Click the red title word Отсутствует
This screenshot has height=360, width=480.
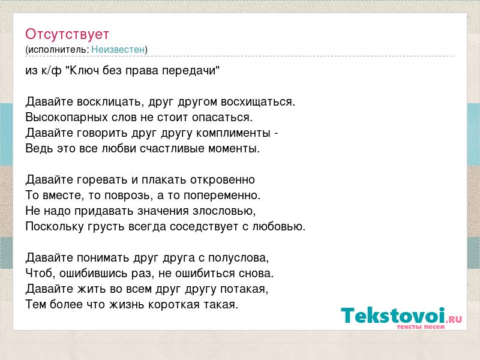click(x=67, y=34)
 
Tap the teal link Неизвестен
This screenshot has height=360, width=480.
click(x=118, y=49)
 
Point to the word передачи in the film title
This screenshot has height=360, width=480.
click(x=189, y=71)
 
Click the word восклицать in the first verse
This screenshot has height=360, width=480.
click(x=110, y=102)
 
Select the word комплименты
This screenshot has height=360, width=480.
click(x=233, y=133)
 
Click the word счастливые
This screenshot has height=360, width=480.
click(x=172, y=149)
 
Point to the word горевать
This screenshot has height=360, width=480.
click(x=103, y=180)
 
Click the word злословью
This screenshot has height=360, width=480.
click(x=223, y=211)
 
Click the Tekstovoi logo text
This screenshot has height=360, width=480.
click(x=393, y=316)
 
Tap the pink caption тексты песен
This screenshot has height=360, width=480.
click(x=421, y=326)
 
